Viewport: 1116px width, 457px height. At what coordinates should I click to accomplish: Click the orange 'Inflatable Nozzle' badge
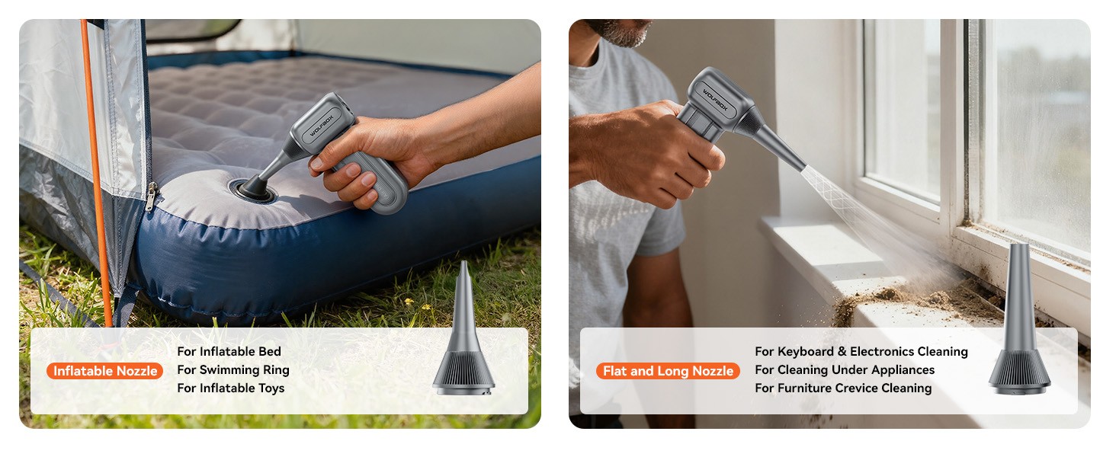(105, 371)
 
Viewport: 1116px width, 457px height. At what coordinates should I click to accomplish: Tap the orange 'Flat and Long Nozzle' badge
(668, 371)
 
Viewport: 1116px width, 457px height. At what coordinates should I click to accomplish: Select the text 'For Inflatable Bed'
(229, 351)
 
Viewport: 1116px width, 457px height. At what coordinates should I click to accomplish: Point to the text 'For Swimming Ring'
(232, 369)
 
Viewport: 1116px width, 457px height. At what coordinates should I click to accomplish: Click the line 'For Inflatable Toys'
(230, 388)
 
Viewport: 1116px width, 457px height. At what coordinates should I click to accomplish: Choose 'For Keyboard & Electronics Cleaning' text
(861, 351)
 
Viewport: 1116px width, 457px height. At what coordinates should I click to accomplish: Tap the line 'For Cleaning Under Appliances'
(844, 369)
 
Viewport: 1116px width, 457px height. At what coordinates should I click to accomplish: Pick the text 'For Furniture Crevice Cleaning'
(842, 388)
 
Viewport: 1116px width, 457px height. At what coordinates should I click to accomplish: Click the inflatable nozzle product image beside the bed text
(463, 335)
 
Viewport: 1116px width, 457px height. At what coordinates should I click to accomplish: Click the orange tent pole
(96, 190)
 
